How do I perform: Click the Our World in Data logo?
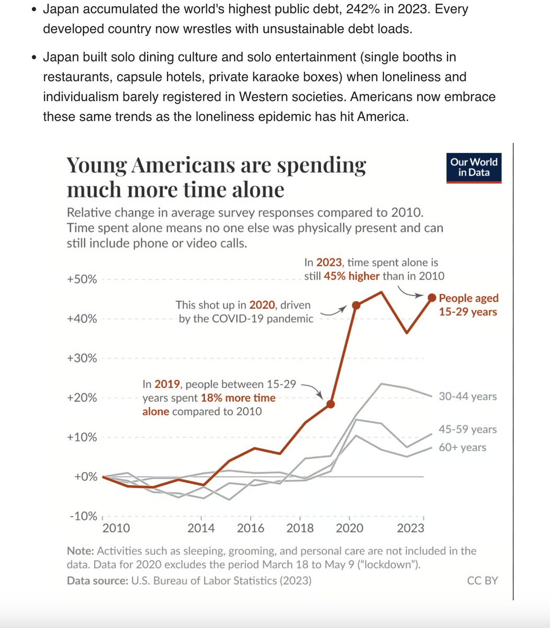coord(474,167)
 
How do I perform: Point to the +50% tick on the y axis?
coord(82,279)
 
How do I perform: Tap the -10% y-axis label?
coord(82,517)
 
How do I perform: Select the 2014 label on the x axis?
coord(201,528)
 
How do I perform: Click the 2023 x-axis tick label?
coord(410,528)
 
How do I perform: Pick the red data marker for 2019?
coord(330,404)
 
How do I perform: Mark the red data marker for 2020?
coord(356,305)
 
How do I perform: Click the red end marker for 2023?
coord(432,297)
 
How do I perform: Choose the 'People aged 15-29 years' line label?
coord(468,305)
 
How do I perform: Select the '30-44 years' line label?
coord(467,397)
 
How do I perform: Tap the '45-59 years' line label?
coord(467,429)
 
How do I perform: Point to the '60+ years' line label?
coord(462,447)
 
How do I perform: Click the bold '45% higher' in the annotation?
coord(352,276)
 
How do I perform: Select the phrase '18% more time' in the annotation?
coord(238,398)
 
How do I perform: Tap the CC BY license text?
coord(482,580)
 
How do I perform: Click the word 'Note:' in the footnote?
coord(80,551)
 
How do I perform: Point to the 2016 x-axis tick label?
coord(251,528)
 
